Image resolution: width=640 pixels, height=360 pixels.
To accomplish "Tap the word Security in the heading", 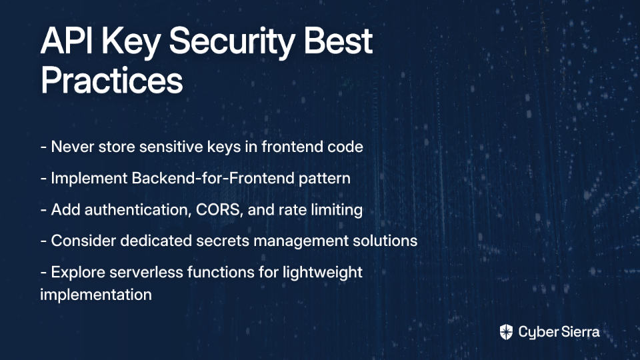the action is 232,43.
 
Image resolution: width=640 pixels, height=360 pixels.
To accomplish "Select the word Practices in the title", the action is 111,80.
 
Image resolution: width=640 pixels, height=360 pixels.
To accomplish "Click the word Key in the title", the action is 131,43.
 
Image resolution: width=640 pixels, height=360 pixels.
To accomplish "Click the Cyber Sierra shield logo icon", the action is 506,332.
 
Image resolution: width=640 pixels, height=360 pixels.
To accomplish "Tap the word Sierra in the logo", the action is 579,331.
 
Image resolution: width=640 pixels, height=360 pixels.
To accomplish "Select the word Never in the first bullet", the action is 73,147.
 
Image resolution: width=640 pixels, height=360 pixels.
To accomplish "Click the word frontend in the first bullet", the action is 287,147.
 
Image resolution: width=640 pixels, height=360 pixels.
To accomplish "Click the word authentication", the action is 138,210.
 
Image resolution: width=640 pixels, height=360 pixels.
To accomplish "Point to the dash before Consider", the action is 44,241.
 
